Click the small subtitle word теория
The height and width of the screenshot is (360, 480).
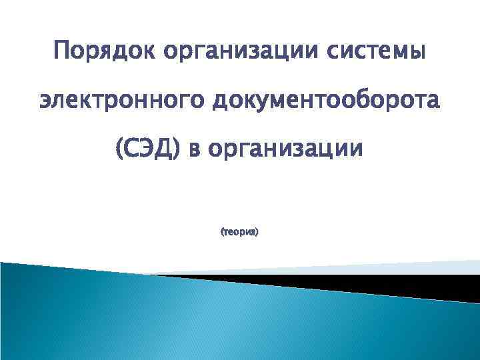click(239, 233)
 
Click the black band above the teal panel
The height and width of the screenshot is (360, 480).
click(400, 283)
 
